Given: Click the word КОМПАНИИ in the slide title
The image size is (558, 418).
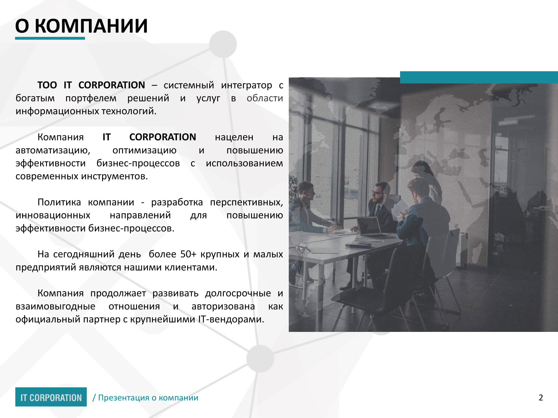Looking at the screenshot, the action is click(x=91, y=26).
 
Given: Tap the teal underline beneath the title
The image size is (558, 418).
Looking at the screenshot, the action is click(x=50, y=38).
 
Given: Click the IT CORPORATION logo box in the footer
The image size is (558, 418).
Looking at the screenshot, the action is click(x=51, y=397).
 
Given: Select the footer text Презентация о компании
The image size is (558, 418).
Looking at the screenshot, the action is click(x=148, y=398).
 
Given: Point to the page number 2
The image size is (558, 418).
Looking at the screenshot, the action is click(x=541, y=398).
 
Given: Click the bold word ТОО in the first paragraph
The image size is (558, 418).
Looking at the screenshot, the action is click(x=47, y=85).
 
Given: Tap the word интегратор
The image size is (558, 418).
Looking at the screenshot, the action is click(x=246, y=85).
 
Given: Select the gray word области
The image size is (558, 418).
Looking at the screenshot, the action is click(x=265, y=98).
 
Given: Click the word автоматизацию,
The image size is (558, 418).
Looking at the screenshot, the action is click(x=53, y=150).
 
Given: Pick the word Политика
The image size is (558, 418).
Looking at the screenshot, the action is click(x=59, y=202).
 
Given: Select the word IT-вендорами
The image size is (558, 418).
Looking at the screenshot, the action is click(x=231, y=319).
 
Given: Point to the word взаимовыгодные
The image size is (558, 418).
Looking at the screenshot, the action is click(x=56, y=307).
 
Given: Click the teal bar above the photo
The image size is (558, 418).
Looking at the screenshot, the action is click(x=479, y=77).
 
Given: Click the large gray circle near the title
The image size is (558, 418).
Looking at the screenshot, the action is click(x=223, y=44).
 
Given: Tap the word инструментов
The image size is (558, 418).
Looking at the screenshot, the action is click(x=114, y=176).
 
